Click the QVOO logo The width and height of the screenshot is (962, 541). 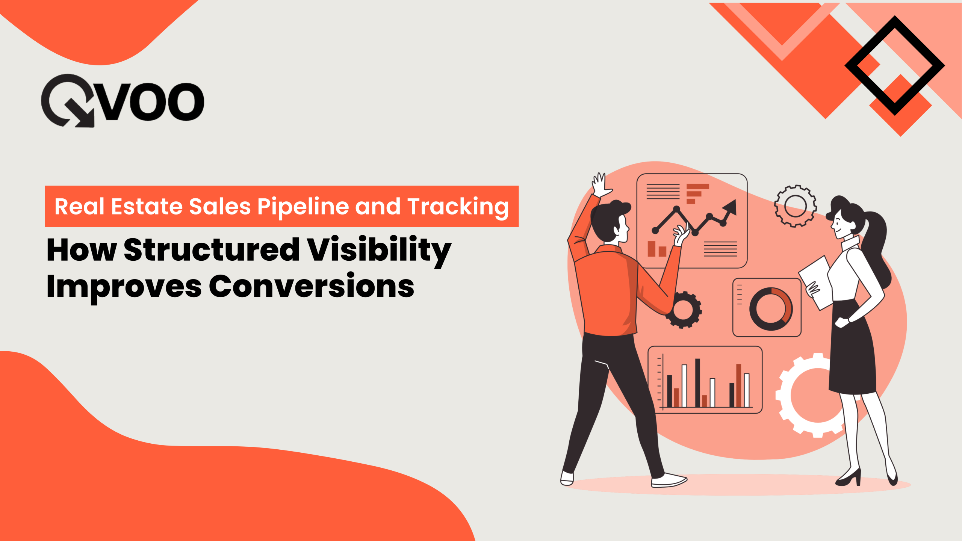(x=123, y=101)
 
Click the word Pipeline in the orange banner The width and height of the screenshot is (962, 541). (x=303, y=207)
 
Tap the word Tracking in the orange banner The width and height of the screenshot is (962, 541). (x=458, y=207)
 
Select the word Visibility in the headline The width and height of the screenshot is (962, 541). (x=379, y=250)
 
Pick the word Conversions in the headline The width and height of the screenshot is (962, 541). (x=311, y=286)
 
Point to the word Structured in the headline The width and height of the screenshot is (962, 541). (x=211, y=249)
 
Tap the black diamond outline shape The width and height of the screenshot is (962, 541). (x=895, y=65)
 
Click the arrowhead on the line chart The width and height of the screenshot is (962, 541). (x=731, y=207)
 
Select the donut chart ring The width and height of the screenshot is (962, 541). (x=771, y=309)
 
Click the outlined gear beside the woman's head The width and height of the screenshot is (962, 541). (x=795, y=206)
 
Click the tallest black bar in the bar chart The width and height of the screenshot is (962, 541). (x=697, y=382)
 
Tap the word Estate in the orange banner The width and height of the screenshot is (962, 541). (x=149, y=207)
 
